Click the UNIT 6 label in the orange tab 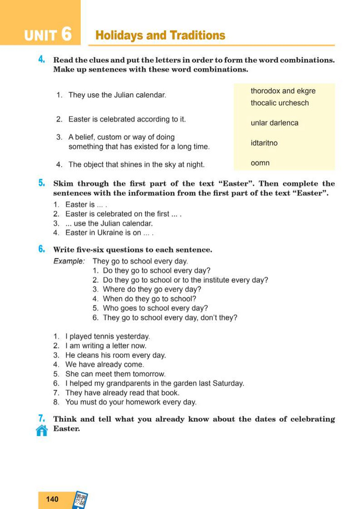click(48, 35)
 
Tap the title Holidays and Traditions click(161, 36)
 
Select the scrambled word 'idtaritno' click(264, 143)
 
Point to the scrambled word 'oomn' click(260, 163)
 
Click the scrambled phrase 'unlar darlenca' click(275, 123)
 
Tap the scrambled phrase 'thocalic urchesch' click(280, 103)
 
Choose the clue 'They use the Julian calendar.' click(117, 95)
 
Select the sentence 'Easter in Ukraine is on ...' click(109, 232)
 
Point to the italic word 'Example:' click(69, 261)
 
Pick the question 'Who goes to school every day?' click(155, 308)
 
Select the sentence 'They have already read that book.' click(122, 392)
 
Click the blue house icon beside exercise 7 click(42, 430)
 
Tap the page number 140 click(52, 499)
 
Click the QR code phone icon click(80, 500)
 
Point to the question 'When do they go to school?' click(150, 299)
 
